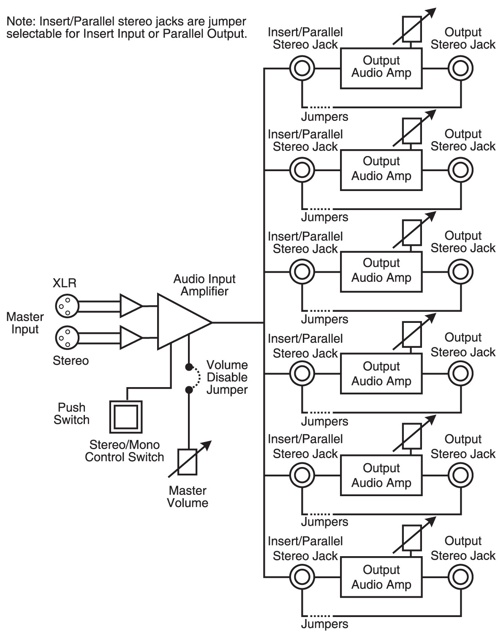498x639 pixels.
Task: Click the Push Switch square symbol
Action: (x=126, y=417)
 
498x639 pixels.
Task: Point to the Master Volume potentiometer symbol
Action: (x=188, y=461)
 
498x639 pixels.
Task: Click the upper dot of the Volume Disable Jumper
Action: (x=189, y=366)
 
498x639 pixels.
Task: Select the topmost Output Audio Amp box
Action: (x=381, y=68)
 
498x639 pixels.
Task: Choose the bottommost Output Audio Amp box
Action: (x=381, y=577)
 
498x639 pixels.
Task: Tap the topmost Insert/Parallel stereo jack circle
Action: (x=302, y=68)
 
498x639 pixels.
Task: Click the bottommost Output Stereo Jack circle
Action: (x=460, y=577)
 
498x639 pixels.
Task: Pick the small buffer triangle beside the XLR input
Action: (x=131, y=305)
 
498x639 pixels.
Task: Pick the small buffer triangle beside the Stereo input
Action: (x=131, y=337)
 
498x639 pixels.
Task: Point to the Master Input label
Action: (x=25, y=323)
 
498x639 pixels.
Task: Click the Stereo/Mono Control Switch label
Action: (x=124, y=451)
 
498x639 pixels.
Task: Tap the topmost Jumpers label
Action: (x=324, y=117)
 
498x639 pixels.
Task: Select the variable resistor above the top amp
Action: (x=412, y=29)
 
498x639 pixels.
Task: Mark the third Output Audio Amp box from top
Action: (x=381, y=272)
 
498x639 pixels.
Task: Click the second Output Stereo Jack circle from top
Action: (x=460, y=170)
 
